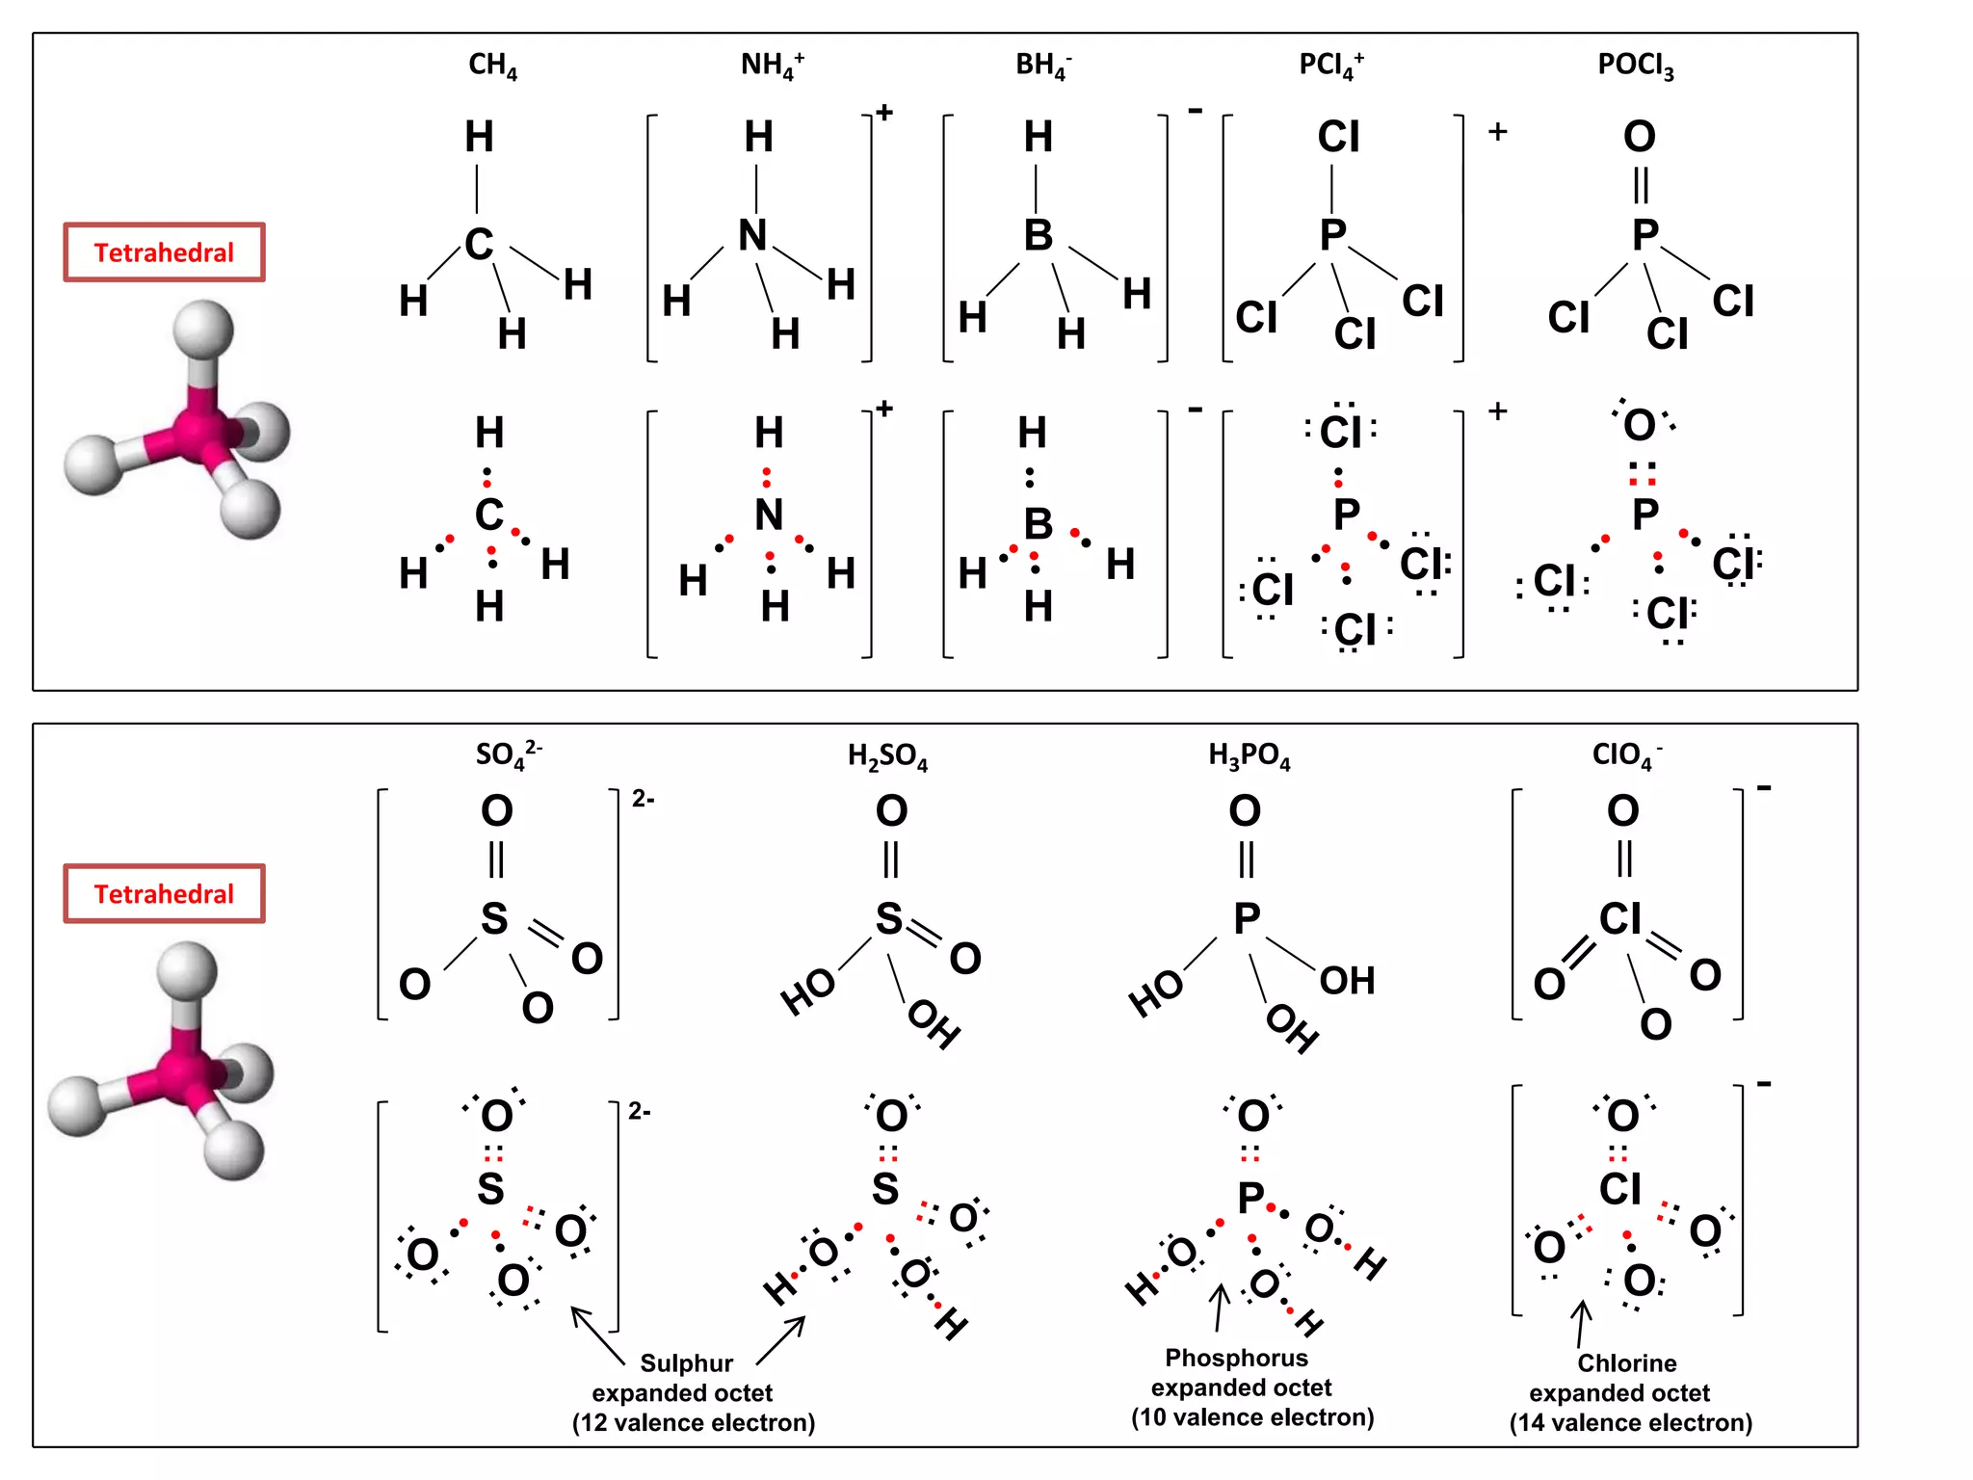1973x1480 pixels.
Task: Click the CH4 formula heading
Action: tap(492, 66)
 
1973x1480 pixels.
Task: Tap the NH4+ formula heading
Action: tap(772, 66)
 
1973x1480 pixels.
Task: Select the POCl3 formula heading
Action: tap(1635, 66)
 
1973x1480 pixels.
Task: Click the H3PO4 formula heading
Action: tap(1249, 756)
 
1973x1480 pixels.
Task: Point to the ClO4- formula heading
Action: tap(1626, 754)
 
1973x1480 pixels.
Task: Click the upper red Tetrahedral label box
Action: tap(164, 252)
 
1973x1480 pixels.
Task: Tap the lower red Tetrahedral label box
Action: tap(164, 894)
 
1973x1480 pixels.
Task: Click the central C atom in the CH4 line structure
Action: tap(479, 244)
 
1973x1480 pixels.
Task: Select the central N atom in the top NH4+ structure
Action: tap(753, 235)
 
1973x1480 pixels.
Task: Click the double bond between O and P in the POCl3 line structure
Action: tap(1641, 185)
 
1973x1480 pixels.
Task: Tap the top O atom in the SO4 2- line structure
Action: tap(497, 811)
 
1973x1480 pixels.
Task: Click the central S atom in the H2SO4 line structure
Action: tap(888, 919)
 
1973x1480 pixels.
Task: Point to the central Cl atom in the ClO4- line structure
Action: tap(1620, 919)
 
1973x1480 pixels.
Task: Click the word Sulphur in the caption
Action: tap(686, 1363)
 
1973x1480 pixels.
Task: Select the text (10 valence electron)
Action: tap(1252, 1417)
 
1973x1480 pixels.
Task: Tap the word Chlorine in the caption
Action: tap(1626, 1363)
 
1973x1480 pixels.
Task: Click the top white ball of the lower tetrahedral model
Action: tap(187, 971)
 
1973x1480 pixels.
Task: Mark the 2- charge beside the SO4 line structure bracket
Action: tap(644, 799)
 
